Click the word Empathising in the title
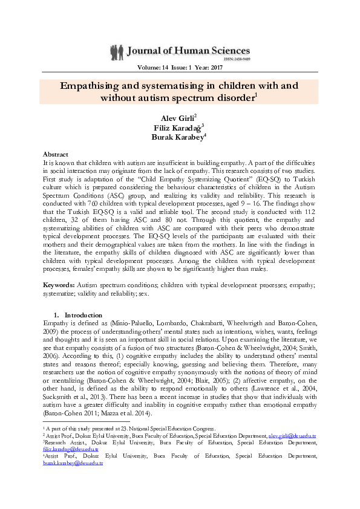pos(94,86)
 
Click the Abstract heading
pos(56,155)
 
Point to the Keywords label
pos(60,284)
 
